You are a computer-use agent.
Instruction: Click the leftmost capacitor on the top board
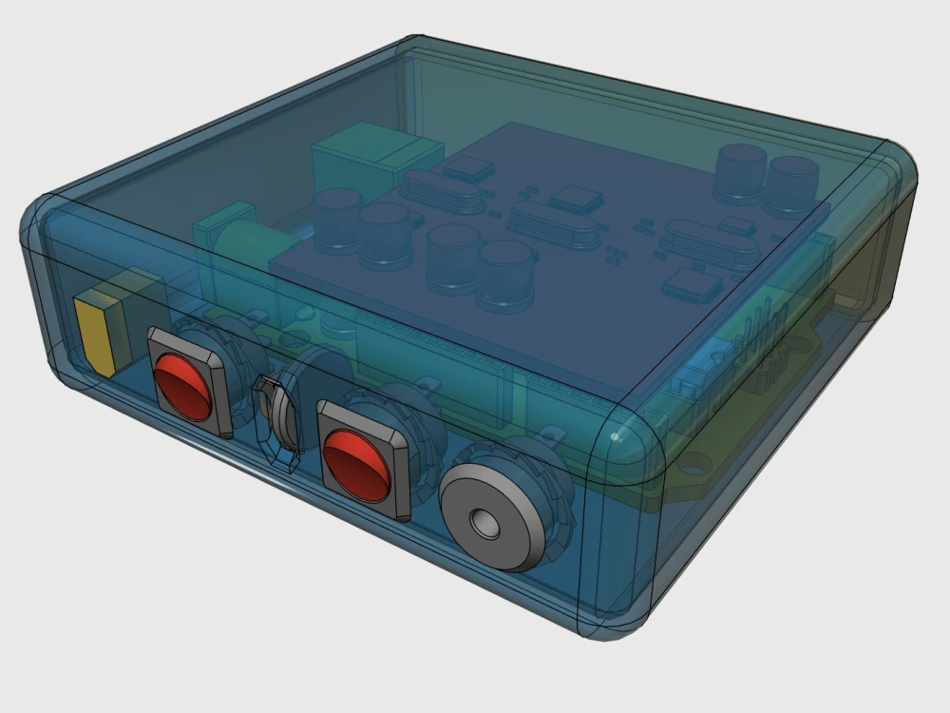click(337, 219)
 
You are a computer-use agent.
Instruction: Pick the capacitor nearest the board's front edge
click(504, 276)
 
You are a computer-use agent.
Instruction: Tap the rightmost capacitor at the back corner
click(793, 184)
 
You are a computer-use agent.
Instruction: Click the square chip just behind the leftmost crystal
click(469, 169)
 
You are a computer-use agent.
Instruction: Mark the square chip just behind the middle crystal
click(577, 199)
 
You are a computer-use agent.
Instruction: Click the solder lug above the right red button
click(430, 385)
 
